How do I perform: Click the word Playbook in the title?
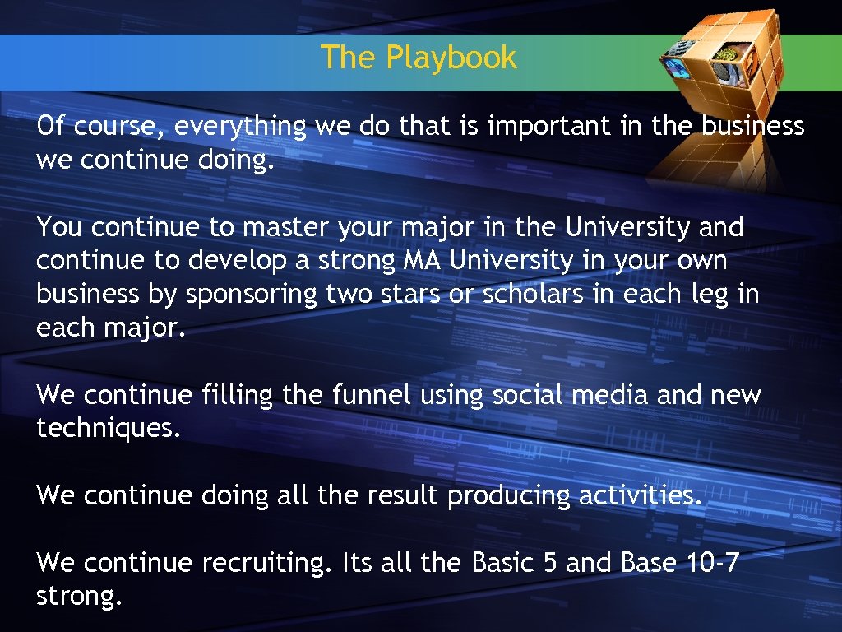coord(451,58)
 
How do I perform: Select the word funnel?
coord(371,395)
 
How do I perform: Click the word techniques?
coord(107,429)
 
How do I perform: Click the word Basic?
coord(502,564)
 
